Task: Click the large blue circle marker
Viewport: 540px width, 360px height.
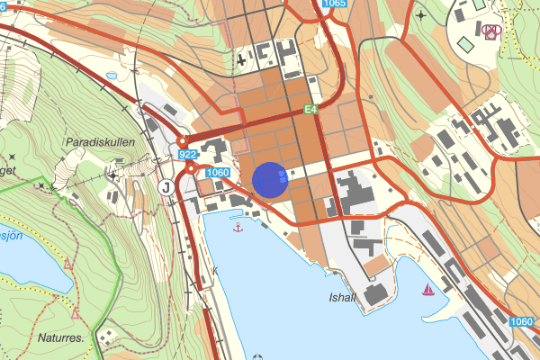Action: pos(270,179)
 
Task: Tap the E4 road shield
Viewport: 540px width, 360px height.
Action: pos(311,110)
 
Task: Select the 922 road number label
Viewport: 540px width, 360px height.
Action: pos(187,155)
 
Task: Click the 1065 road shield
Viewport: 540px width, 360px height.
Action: pos(333,4)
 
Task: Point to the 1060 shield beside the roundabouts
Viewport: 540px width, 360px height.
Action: pos(218,172)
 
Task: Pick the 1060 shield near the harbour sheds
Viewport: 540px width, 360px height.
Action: pos(521,321)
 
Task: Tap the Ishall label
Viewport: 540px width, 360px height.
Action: pos(343,297)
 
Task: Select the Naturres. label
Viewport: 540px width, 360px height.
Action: pos(61,338)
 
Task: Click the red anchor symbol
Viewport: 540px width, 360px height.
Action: pos(238,228)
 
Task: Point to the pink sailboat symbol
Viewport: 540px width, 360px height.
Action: pos(429,290)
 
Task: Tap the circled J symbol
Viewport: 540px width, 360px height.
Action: pos(166,187)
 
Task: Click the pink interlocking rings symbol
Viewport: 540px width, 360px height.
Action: pos(491,31)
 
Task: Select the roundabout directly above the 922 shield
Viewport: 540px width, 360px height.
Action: pos(181,140)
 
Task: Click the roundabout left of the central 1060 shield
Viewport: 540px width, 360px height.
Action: pos(192,168)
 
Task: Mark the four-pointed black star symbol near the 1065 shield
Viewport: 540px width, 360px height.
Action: pos(420,16)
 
